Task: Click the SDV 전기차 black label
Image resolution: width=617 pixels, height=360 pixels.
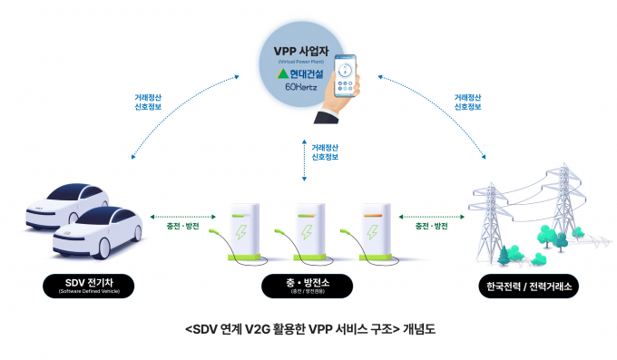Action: pyautogui.click(x=88, y=287)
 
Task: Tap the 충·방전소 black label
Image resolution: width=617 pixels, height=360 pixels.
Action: pyautogui.click(x=307, y=287)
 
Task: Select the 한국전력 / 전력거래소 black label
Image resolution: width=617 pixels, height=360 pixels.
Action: pyautogui.click(x=528, y=287)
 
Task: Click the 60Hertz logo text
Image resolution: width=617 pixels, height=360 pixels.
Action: pyautogui.click(x=300, y=88)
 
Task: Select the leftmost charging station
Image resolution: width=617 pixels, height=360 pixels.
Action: pyautogui.click(x=243, y=230)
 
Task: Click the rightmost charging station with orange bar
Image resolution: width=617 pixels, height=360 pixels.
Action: pyautogui.click(x=374, y=230)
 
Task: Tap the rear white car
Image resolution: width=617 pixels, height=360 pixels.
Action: pyautogui.click(x=64, y=205)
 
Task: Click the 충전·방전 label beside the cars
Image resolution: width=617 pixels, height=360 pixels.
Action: pyautogui.click(x=181, y=226)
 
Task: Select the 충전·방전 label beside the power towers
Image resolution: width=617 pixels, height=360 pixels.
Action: pyautogui.click(x=431, y=226)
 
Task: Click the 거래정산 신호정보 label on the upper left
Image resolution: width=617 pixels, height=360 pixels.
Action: pyautogui.click(x=148, y=102)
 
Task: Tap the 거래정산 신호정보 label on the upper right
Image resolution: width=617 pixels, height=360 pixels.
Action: pyautogui.click(x=467, y=102)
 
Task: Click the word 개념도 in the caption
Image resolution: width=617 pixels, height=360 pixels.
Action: pyautogui.click(x=419, y=329)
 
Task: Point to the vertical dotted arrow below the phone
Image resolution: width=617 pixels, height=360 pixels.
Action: pyautogui.click(x=304, y=159)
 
